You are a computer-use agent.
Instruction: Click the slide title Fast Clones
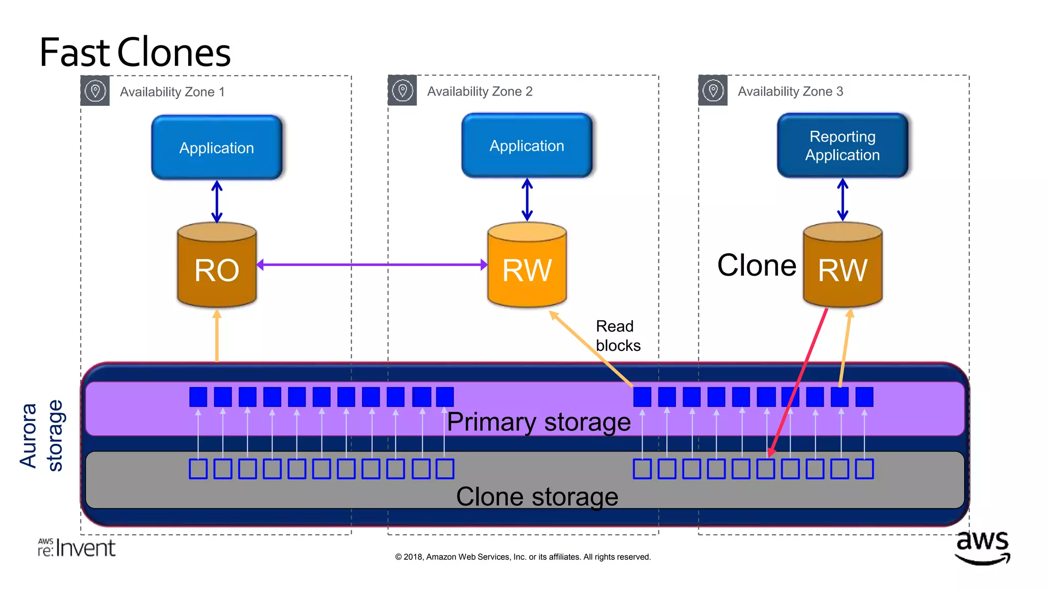tap(135, 53)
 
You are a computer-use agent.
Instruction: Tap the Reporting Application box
tap(842, 146)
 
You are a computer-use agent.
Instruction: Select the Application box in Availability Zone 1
tap(217, 148)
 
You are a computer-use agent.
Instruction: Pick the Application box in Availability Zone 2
tap(527, 146)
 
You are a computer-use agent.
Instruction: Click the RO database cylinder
tap(217, 266)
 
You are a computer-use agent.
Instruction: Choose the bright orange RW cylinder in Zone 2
tap(527, 266)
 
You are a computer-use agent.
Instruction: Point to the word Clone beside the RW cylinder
tap(756, 265)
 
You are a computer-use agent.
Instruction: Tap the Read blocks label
tap(618, 336)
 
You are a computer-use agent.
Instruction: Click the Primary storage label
tap(538, 422)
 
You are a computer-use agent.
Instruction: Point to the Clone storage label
tap(537, 497)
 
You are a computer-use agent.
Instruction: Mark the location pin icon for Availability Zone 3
tap(713, 91)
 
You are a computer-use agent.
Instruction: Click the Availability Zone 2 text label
tap(480, 92)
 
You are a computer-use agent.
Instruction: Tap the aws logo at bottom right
tap(982, 547)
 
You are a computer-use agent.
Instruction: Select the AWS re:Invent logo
tap(77, 548)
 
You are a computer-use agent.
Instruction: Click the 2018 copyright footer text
tap(522, 557)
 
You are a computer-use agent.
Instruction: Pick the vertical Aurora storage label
tap(41, 436)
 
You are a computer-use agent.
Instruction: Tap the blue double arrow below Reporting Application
tap(843, 200)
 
